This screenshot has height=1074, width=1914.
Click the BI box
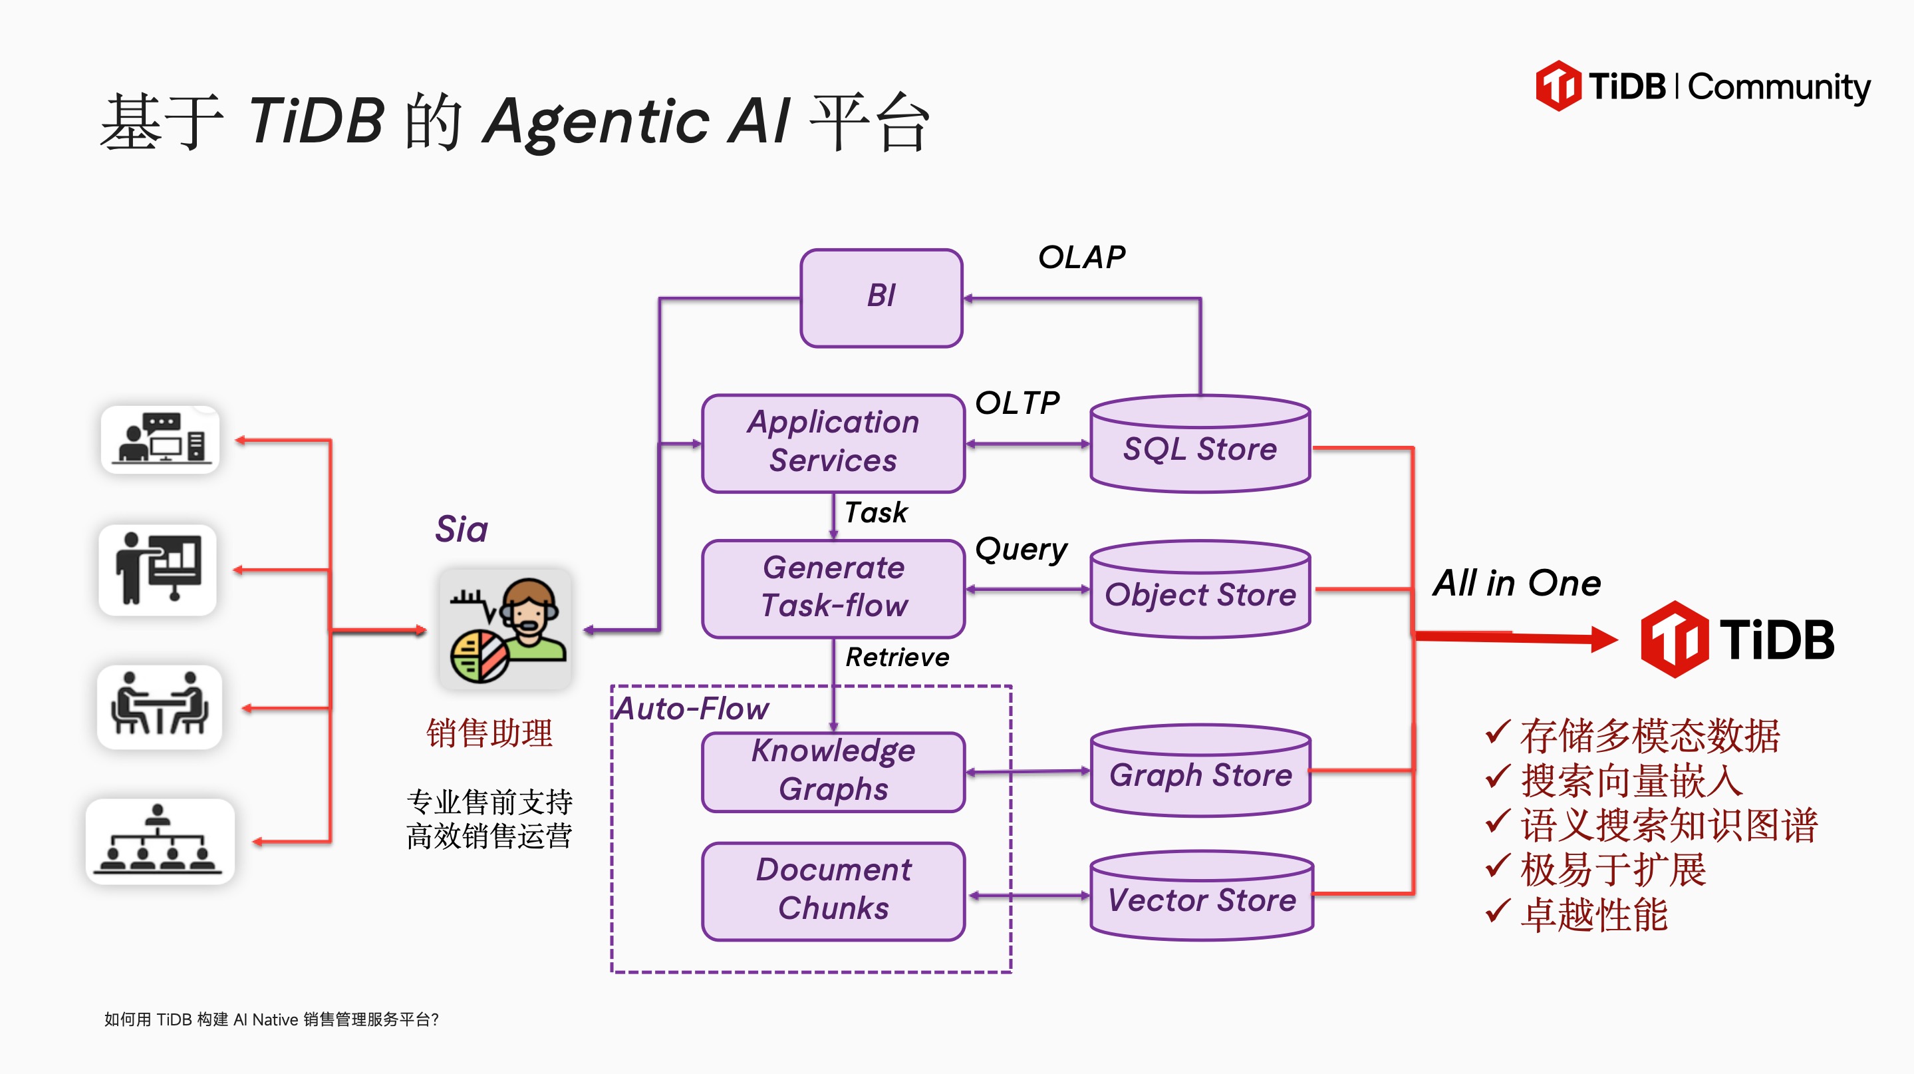[881, 297]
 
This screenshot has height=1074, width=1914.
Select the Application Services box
[833, 443]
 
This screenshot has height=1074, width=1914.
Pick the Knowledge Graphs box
[833, 771]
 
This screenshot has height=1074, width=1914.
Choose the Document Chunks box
[833, 890]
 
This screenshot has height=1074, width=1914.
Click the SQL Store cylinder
[1199, 446]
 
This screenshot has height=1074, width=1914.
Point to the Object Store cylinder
[1199, 592]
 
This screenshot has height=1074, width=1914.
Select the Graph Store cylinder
[1199, 773]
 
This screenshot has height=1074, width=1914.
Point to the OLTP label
[1017, 404]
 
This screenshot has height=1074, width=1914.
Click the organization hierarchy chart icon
[160, 841]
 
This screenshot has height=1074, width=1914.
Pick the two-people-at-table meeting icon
[160, 706]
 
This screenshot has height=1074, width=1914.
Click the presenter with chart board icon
[158, 570]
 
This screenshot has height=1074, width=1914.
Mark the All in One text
[1516, 584]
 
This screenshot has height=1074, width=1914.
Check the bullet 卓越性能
[1593, 915]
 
